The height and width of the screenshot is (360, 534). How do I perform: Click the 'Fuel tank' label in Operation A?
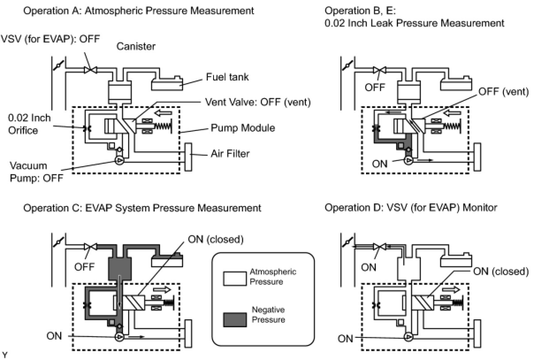pyautogui.click(x=227, y=77)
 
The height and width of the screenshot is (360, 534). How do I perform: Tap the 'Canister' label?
pyautogui.click(x=136, y=46)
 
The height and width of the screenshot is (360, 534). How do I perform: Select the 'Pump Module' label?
pyautogui.click(x=243, y=128)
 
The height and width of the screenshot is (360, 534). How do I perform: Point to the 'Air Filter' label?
pyautogui.click(x=230, y=153)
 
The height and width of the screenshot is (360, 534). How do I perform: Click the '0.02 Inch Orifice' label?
pyautogui.click(x=29, y=124)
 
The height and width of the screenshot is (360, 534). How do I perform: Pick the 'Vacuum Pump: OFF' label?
pyautogui.click(x=37, y=172)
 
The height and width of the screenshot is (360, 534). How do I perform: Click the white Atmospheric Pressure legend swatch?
pyautogui.click(x=235, y=279)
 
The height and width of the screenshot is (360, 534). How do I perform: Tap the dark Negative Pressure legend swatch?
pyautogui.click(x=235, y=320)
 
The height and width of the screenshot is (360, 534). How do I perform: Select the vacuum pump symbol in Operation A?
pyautogui.click(x=119, y=161)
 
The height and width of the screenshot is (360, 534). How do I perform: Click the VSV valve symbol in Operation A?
pyautogui.click(x=91, y=70)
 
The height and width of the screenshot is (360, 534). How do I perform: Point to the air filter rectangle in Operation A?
pyautogui.click(x=188, y=157)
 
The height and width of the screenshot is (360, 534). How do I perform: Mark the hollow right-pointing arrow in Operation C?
pyautogui.click(x=162, y=290)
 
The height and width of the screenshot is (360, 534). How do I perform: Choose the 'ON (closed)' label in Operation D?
pyautogui.click(x=501, y=271)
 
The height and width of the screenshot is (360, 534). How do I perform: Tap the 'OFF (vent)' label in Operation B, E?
pyautogui.click(x=503, y=92)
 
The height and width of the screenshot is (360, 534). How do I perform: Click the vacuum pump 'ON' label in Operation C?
pyautogui.click(x=54, y=336)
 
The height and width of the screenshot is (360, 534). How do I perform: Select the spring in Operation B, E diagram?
pyautogui.click(x=452, y=126)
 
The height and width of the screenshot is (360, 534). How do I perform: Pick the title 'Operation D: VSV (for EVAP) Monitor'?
pyautogui.click(x=411, y=207)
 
